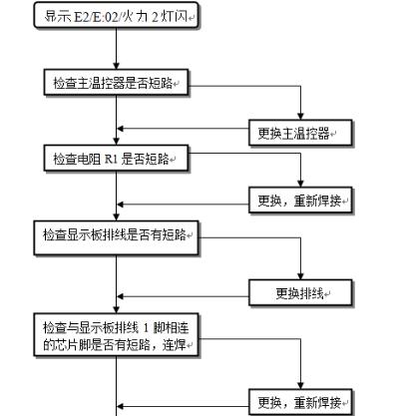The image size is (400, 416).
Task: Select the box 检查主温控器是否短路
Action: pos(119,84)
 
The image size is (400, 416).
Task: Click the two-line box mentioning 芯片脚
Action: pos(119,336)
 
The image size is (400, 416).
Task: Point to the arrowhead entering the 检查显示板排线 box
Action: pos(119,224)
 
